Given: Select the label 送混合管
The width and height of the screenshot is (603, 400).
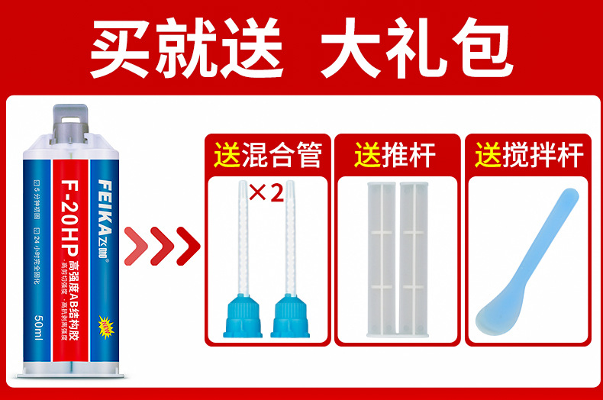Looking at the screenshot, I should pyautogui.click(x=268, y=155).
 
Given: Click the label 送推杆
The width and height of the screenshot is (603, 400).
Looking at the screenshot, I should pyautogui.click(x=395, y=155).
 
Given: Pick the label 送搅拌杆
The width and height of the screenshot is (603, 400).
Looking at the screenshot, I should pyautogui.click(x=529, y=155).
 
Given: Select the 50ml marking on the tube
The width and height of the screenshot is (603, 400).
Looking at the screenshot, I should pyautogui.click(x=37, y=328).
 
